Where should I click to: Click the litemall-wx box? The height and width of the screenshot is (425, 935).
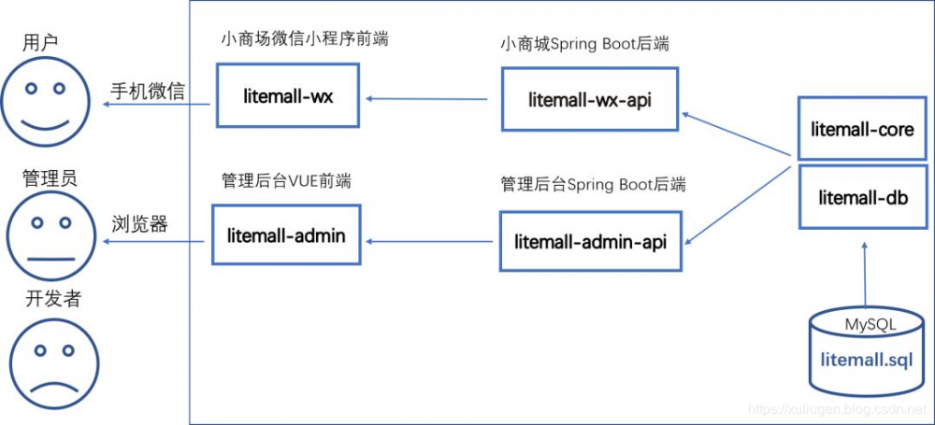(287, 95)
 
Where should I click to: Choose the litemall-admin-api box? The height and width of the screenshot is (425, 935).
(590, 241)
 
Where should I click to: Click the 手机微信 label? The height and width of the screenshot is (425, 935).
(148, 92)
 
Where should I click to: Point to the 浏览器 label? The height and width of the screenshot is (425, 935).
(139, 224)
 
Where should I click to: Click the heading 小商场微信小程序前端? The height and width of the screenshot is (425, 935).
(304, 39)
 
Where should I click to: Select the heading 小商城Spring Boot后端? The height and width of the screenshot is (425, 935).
(584, 44)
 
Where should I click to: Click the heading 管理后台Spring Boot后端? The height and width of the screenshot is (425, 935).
(593, 184)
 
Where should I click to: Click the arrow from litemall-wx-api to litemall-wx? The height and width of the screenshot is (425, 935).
(426, 97)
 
